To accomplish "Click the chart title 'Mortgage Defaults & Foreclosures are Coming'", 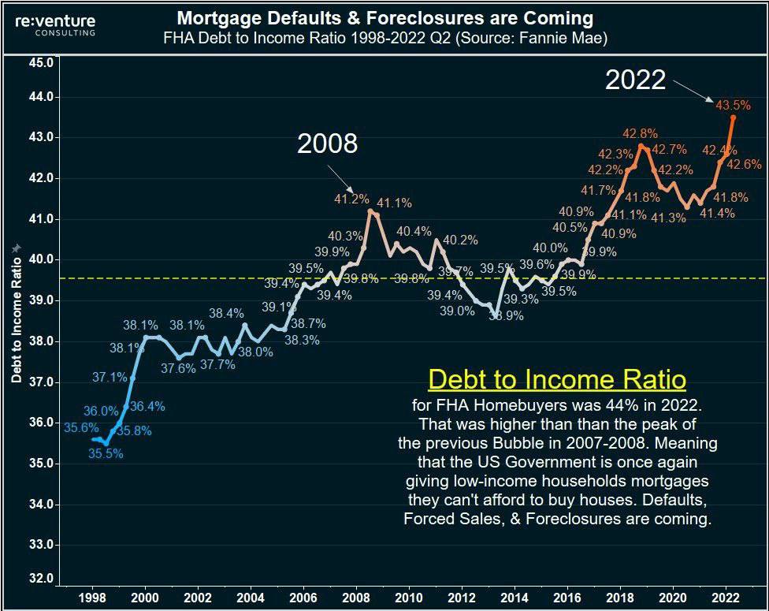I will point(385,17).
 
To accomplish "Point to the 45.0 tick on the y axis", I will point(39,62).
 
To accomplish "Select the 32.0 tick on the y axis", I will point(39,579).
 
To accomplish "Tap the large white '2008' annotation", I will point(327,143).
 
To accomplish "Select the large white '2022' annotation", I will point(635,80).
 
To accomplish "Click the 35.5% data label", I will point(106,453).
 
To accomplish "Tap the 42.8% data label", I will point(641,133).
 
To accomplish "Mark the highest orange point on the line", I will point(734,117).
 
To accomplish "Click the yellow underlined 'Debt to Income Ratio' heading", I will point(557,380).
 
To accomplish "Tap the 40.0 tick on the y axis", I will point(39,259).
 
